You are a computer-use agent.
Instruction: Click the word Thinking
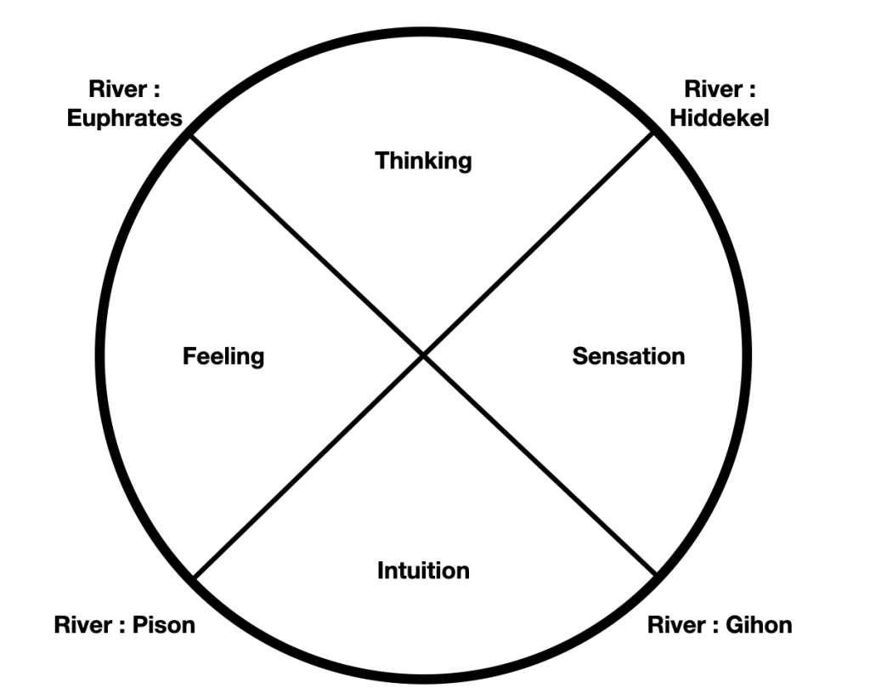click(423, 160)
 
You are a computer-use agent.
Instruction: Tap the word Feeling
click(223, 355)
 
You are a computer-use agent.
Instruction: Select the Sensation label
click(628, 355)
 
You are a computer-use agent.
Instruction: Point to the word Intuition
click(423, 570)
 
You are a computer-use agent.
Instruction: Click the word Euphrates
click(125, 117)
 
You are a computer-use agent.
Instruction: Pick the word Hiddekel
click(719, 117)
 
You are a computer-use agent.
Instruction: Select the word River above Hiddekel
click(709, 89)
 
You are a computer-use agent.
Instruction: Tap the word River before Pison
click(83, 625)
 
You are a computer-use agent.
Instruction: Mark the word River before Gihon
click(676, 625)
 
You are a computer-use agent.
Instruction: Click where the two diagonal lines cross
click(423, 355)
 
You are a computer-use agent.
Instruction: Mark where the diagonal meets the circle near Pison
click(195, 576)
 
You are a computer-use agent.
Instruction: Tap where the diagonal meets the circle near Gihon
click(656, 574)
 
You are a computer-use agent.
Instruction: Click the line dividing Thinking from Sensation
click(540, 245)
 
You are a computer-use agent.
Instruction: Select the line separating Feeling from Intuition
click(308, 466)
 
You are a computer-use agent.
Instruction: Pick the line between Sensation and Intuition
click(540, 465)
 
